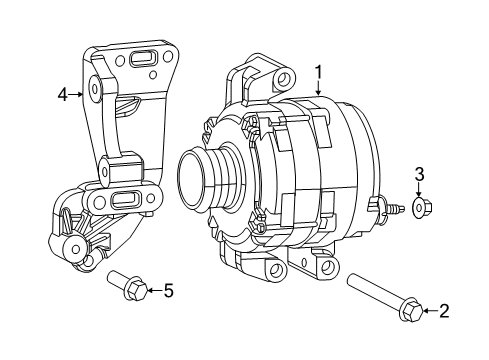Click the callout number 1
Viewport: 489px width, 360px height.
[x=318, y=71]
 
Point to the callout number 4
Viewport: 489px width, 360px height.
[x=62, y=95]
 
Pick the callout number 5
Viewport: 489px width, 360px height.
[x=168, y=291]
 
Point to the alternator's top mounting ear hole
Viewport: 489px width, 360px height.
[x=284, y=79]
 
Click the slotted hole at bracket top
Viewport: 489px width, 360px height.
[x=143, y=60]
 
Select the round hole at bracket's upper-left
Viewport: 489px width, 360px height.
[x=95, y=88]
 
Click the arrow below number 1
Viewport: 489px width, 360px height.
[x=318, y=88]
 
